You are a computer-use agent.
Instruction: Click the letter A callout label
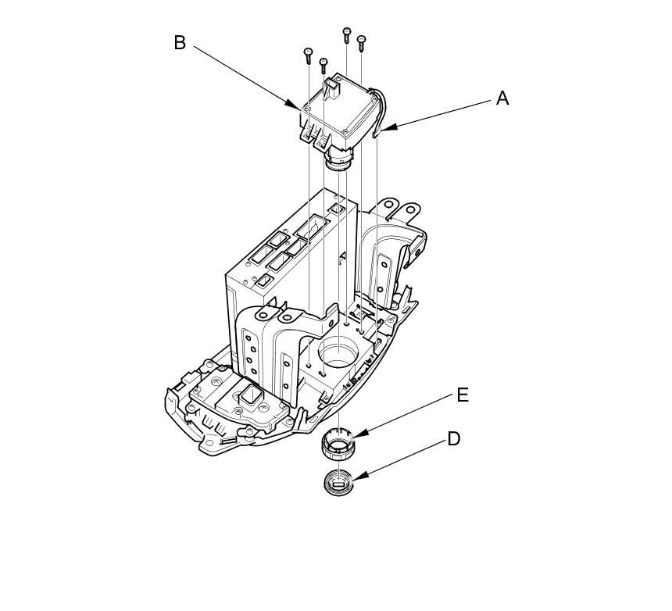tap(502, 98)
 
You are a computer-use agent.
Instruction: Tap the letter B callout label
tap(180, 43)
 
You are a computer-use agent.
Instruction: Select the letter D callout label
tap(454, 439)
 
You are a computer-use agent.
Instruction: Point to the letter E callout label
tap(463, 395)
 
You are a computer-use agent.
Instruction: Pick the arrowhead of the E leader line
tap(356, 436)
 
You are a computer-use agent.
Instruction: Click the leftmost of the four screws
tap(309, 54)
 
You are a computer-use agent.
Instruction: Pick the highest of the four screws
tap(346, 33)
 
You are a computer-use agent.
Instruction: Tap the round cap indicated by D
tap(338, 482)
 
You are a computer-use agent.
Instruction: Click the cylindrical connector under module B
tap(338, 160)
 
